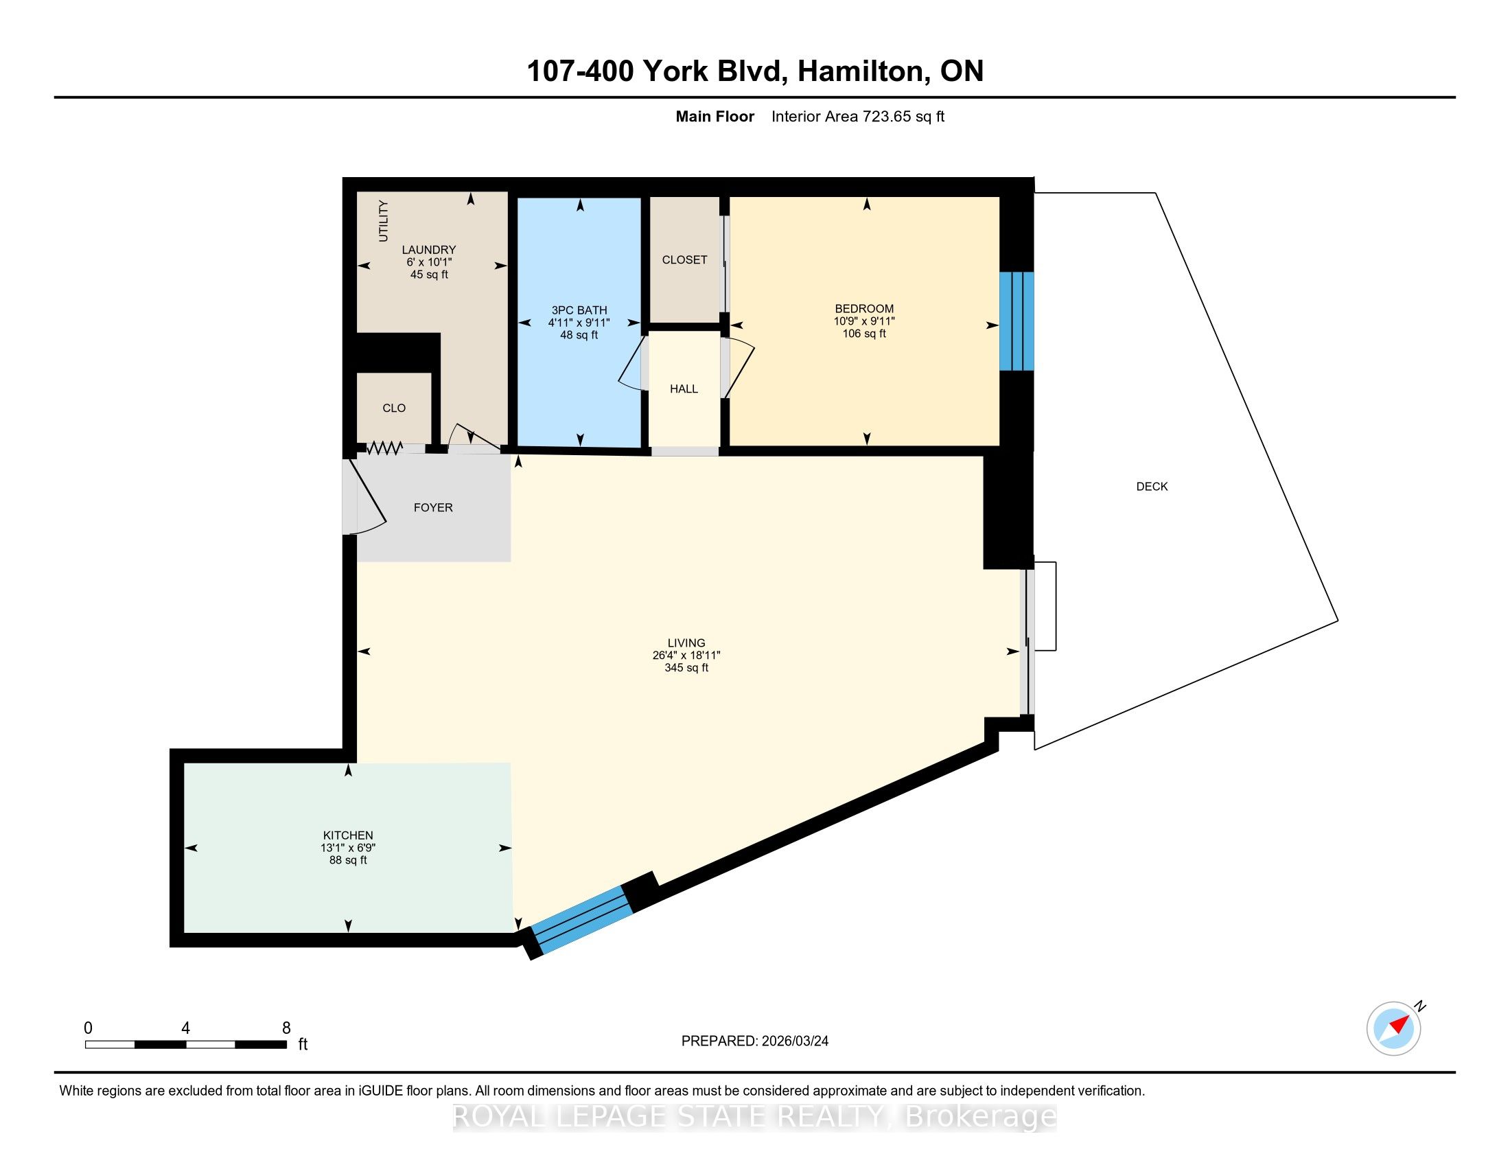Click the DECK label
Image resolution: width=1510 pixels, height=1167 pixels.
(x=1152, y=487)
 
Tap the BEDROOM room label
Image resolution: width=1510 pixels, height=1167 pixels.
(x=864, y=309)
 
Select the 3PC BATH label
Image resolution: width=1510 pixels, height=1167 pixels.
(x=579, y=310)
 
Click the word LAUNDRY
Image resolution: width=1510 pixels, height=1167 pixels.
(x=430, y=250)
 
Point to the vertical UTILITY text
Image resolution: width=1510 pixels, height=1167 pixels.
(x=383, y=221)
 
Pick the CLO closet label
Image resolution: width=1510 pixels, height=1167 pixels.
(x=394, y=408)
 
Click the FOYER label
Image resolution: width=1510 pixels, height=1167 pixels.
(x=434, y=507)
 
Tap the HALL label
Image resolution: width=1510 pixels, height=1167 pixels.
(x=684, y=389)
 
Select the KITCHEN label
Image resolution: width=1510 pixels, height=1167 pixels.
(x=349, y=835)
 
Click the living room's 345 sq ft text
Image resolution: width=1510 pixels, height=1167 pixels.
(x=686, y=668)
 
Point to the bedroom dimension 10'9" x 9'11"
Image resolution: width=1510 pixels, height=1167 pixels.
(x=864, y=321)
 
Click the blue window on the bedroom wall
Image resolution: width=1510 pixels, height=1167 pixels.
(x=1017, y=321)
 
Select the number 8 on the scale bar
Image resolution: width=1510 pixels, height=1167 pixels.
(x=286, y=1028)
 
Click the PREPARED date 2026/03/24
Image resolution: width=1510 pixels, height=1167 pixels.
(x=794, y=1041)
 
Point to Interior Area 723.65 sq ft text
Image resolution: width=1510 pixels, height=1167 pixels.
(x=858, y=117)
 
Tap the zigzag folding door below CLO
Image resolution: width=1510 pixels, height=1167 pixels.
(x=384, y=449)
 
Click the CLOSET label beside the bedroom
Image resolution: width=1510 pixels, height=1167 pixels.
(x=684, y=260)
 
